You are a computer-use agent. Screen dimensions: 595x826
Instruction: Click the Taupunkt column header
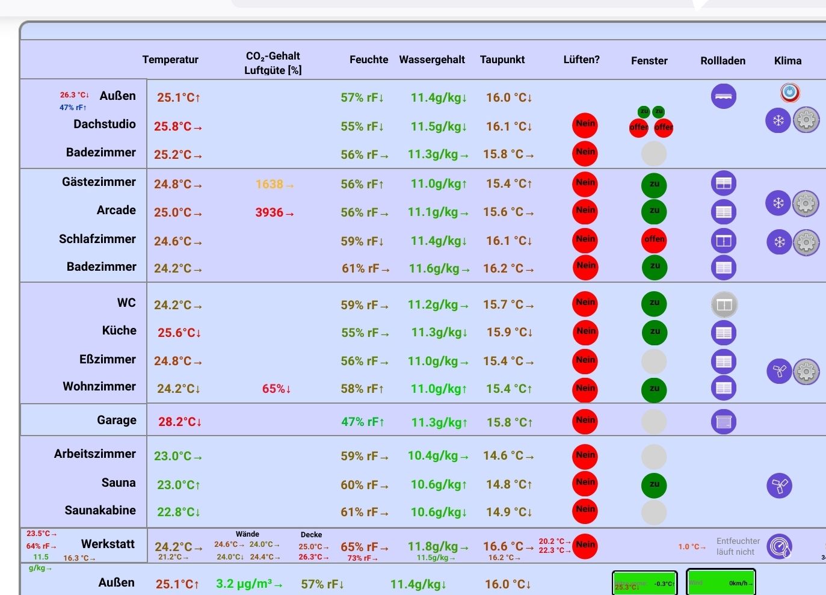[x=502, y=60]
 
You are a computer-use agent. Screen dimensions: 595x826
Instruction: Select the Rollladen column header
[x=723, y=61]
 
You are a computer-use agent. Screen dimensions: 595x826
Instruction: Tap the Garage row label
[x=117, y=420]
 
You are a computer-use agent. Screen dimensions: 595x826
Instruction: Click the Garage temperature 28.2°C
[x=179, y=422]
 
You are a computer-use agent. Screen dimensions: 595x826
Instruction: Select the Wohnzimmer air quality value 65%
[x=276, y=389]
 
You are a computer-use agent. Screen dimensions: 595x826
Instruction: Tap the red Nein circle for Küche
[x=585, y=332]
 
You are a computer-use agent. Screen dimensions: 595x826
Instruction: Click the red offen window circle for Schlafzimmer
[x=655, y=240]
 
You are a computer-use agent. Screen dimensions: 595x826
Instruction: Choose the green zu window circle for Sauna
[x=655, y=485]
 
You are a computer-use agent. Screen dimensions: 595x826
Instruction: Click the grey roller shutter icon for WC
[x=724, y=305]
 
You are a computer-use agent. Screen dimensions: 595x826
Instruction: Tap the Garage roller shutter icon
[x=723, y=422]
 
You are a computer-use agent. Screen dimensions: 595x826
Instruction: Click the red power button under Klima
[x=790, y=93]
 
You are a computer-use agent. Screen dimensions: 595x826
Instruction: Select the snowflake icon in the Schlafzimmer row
[x=779, y=242]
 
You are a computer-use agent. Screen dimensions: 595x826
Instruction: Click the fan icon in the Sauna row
[x=779, y=486]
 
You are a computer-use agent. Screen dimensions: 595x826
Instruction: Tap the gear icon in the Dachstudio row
[x=806, y=120]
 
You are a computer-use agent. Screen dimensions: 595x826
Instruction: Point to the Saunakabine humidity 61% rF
[x=363, y=512]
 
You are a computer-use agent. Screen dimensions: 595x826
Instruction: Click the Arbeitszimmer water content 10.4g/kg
[x=437, y=456]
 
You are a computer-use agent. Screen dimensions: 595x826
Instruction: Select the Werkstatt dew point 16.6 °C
[x=508, y=546]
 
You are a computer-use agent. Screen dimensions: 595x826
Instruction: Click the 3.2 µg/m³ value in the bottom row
[x=248, y=584]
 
